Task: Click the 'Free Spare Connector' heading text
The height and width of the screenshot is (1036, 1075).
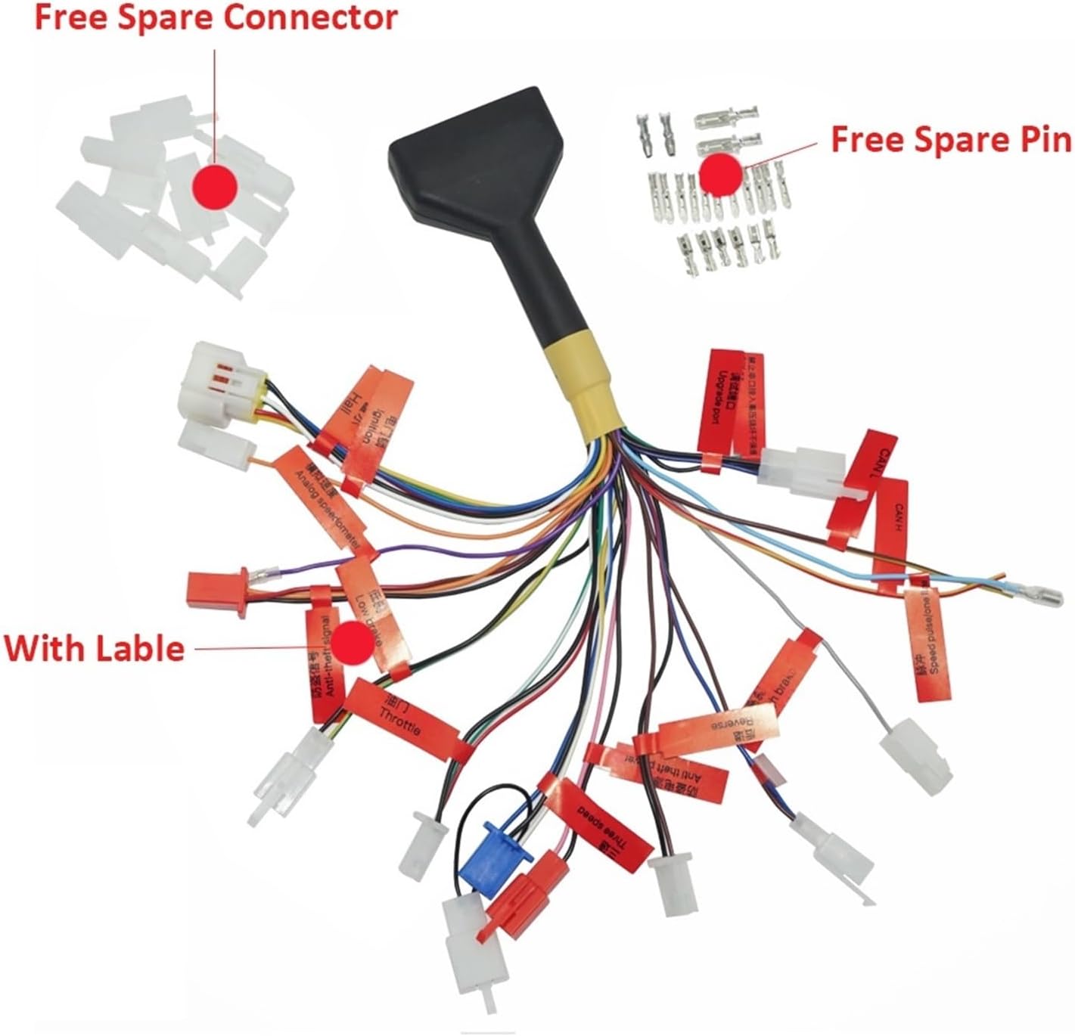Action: tap(216, 18)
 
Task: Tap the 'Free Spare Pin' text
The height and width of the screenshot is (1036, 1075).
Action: tap(951, 140)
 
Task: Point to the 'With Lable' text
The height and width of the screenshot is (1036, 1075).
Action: tap(95, 649)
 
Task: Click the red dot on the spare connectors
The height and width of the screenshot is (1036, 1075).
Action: tap(215, 184)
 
